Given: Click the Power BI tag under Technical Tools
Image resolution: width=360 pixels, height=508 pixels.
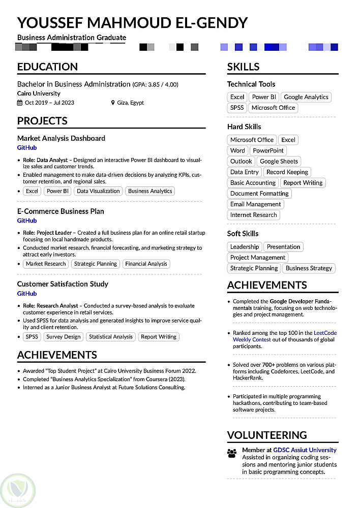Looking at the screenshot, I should (x=264, y=97).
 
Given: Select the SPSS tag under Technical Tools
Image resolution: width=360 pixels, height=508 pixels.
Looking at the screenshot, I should (x=237, y=108).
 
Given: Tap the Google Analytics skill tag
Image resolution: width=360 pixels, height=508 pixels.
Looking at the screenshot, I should (x=306, y=97).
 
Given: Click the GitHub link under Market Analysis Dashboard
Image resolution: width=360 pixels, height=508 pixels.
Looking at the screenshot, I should (x=27, y=148).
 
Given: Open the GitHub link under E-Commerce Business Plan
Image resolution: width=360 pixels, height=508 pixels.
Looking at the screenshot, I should (x=27, y=221).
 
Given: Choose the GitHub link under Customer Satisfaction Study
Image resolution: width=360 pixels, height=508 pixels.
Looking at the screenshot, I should (x=27, y=294).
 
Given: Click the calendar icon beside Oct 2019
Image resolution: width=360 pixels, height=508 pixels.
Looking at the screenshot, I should (x=20, y=103).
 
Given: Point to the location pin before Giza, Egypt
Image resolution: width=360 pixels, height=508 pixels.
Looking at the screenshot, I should (x=113, y=103).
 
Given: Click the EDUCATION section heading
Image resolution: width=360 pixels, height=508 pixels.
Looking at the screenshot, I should (x=47, y=67).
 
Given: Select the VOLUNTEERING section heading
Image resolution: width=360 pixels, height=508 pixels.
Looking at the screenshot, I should (x=267, y=435).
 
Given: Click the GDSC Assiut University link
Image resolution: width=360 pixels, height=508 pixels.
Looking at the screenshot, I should (x=305, y=450).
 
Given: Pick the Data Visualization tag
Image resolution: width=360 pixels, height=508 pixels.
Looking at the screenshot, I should (x=98, y=192).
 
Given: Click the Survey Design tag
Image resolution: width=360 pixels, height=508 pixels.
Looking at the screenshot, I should (x=63, y=337).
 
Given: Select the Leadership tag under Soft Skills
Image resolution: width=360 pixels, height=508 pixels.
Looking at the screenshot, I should (x=245, y=247).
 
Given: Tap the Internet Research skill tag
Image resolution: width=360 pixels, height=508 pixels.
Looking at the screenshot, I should (x=253, y=215).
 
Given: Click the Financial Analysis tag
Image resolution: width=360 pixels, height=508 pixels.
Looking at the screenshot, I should (x=146, y=264).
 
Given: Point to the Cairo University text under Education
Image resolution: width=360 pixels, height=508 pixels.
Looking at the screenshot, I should (x=39, y=93).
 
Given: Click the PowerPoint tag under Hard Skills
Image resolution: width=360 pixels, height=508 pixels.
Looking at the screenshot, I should (x=268, y=151).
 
